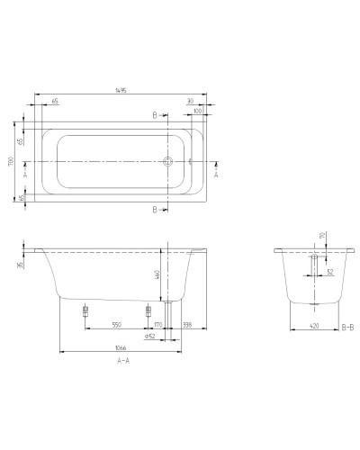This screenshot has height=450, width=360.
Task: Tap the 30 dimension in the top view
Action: coord(191,103)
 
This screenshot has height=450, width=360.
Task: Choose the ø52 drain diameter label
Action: coord(149,336)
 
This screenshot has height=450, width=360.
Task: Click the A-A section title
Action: coord(121,360)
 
